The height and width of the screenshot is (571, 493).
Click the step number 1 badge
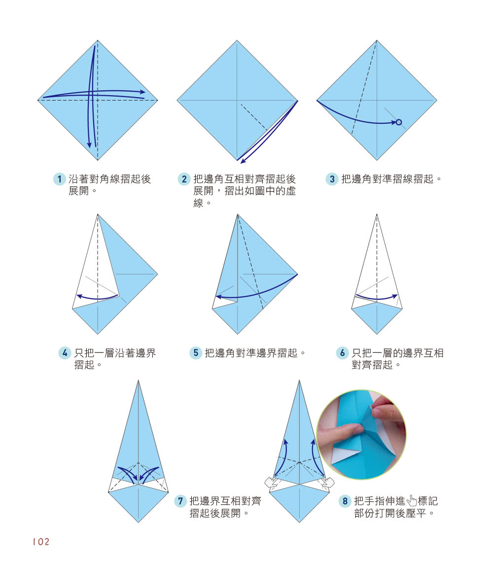[60, 179]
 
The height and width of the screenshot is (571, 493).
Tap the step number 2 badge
[184, 179]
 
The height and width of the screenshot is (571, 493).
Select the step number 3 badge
[332, 179]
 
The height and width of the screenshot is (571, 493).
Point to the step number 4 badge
[65, 353]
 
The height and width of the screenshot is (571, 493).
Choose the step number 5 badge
[196, 353]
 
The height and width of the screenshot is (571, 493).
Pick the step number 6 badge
[343, 353]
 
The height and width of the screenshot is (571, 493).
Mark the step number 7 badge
[181, 501]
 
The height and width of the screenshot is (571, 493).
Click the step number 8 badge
[345, 501]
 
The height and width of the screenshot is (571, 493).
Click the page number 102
[41, 542]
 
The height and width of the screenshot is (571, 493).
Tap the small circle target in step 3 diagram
[399, 122]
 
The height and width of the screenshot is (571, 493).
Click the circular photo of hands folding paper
[361, 434]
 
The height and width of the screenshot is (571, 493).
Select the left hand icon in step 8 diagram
[272, 482]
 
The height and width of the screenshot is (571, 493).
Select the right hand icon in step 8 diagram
[326, 482]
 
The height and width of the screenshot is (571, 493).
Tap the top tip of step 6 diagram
[377, 214]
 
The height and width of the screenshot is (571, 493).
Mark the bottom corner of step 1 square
[98, 160]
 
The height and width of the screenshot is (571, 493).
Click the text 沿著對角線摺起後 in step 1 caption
[109, 179]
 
